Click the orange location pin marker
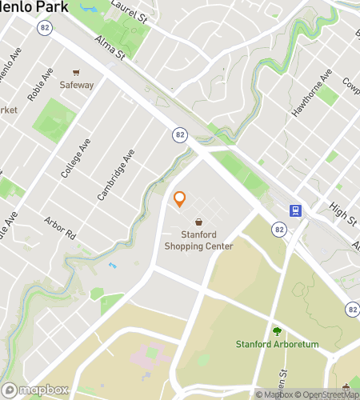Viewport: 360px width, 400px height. tap(180, 198)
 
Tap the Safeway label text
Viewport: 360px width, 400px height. tap(77, 85)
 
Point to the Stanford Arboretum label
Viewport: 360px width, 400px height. tap(277, 344)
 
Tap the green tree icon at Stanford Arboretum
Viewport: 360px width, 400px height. tap(277, 330)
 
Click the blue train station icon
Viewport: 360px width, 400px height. tap(296, 210)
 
